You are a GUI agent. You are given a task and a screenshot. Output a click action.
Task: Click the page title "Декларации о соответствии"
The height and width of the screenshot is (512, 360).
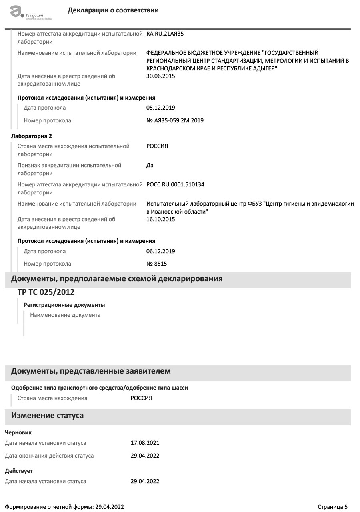[113, 10]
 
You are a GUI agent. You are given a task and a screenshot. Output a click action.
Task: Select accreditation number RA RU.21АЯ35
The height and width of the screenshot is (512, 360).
[165, 34]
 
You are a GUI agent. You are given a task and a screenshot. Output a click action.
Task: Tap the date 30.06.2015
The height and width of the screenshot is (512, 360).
[161, 76]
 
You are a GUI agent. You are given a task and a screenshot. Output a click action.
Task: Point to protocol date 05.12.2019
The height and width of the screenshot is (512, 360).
[161, 108]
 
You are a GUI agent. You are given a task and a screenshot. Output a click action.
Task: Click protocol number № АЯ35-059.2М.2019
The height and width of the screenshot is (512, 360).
[175, 120]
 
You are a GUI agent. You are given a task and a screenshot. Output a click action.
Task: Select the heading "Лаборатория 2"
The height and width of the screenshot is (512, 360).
[31, 136]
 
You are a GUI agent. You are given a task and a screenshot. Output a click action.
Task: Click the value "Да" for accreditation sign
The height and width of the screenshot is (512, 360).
[150, 165]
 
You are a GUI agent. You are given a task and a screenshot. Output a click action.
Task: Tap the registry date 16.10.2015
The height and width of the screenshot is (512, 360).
[161, 219]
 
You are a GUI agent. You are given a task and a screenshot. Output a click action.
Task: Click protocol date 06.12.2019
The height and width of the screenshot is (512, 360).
[161, 251]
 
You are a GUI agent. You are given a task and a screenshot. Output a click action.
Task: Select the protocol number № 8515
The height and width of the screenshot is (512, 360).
[157, 264]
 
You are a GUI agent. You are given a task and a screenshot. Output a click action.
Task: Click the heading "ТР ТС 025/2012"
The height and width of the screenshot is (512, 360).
[46, 292]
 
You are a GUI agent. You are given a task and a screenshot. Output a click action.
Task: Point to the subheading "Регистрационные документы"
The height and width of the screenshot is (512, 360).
[64, 305]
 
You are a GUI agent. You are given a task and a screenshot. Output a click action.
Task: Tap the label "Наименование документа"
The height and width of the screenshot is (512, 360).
[65, 315]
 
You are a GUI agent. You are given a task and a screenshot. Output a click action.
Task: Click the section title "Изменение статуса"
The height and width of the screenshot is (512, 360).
[47, 415]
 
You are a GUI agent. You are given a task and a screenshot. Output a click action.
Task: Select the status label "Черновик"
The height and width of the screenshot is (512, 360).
[18, 432]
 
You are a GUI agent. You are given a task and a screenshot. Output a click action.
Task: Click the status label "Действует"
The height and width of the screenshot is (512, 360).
[19, 471]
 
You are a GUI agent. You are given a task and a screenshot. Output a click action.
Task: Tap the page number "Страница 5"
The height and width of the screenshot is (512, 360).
[332, 507]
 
